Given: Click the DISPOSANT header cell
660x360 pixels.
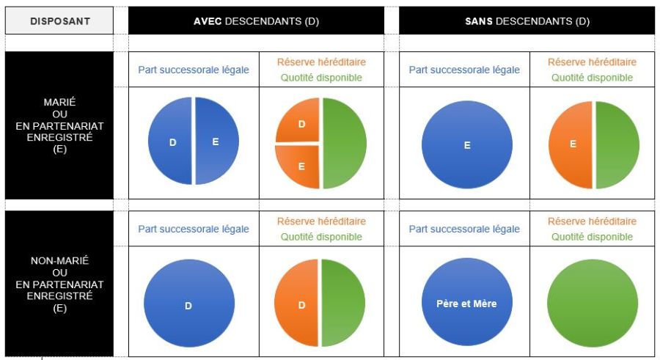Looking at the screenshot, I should [59, 21].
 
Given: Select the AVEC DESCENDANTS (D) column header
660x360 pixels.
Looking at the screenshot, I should [256, 21].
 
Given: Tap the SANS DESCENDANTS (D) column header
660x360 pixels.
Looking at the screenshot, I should [527, 21].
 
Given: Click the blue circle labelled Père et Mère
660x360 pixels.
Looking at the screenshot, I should [466, 302].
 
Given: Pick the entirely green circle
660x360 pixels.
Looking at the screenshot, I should [593, 302].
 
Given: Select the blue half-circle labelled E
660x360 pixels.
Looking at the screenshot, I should [217, 142].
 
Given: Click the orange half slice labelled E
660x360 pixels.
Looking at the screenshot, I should [572, 144].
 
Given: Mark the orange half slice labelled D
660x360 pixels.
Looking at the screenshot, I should [299, 302].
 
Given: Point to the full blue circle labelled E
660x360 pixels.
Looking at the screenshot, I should [466, 144].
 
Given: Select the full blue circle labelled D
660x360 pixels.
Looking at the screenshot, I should [188, 302].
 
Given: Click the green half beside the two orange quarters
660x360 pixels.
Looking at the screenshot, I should [343, 144].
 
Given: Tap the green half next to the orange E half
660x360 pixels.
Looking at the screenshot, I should [616, 144].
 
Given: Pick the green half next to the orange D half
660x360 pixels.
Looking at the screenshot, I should [343, 302].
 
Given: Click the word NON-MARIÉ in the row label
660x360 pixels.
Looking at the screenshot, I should [59, 260].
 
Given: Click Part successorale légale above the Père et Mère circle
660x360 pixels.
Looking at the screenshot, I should [464, 229].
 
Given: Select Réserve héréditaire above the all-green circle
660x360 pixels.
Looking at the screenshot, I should [592, 221].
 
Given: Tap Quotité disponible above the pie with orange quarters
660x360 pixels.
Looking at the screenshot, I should [321, 78].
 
